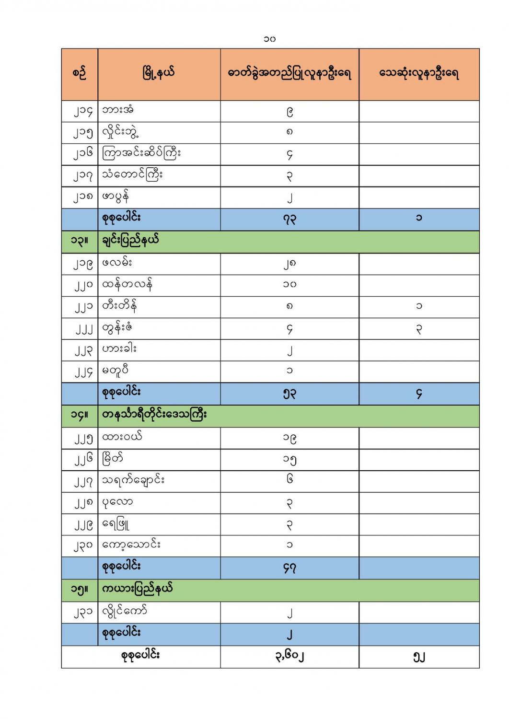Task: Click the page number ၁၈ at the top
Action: pyautogui.click(x=269, y=38)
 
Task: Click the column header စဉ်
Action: pyautogui.click(x=79, y=74)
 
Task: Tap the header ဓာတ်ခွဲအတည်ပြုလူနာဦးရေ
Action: pyautogui.click(x=289, y=74)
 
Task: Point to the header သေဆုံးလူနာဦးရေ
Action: pyautogui.click(x=419, y=74)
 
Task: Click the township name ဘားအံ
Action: pyautogui.click(x=118, y=110)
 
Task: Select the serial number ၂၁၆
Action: pyautogui.click(x=82, y=154)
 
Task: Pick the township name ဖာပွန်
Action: pyautogui.click(x=116, y=196)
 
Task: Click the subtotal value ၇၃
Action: pyautogui.click(x=289, y=219)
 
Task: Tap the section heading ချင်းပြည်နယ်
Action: pyautogui.click(x=130, y=241)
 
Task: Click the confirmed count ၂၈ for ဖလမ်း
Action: pyautogui.click(x=289, y=263)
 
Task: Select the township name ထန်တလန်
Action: pyautogui.click(x=127, y=285)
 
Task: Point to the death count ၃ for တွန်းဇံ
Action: pyautogui.click(x=419, y=329)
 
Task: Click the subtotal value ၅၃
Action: pyautogui.click(x=289, y=394)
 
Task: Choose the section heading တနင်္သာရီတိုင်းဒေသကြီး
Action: pyautogui.click(x=154, y=415)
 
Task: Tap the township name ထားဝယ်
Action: pyautogui.click(x=122, y=437)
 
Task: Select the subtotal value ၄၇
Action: pyautogui.click(x=289, y=568)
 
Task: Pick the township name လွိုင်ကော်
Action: pyautogui.click(x=124, y=611)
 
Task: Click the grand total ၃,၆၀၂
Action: pyautogui.click(x=289, y=656)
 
